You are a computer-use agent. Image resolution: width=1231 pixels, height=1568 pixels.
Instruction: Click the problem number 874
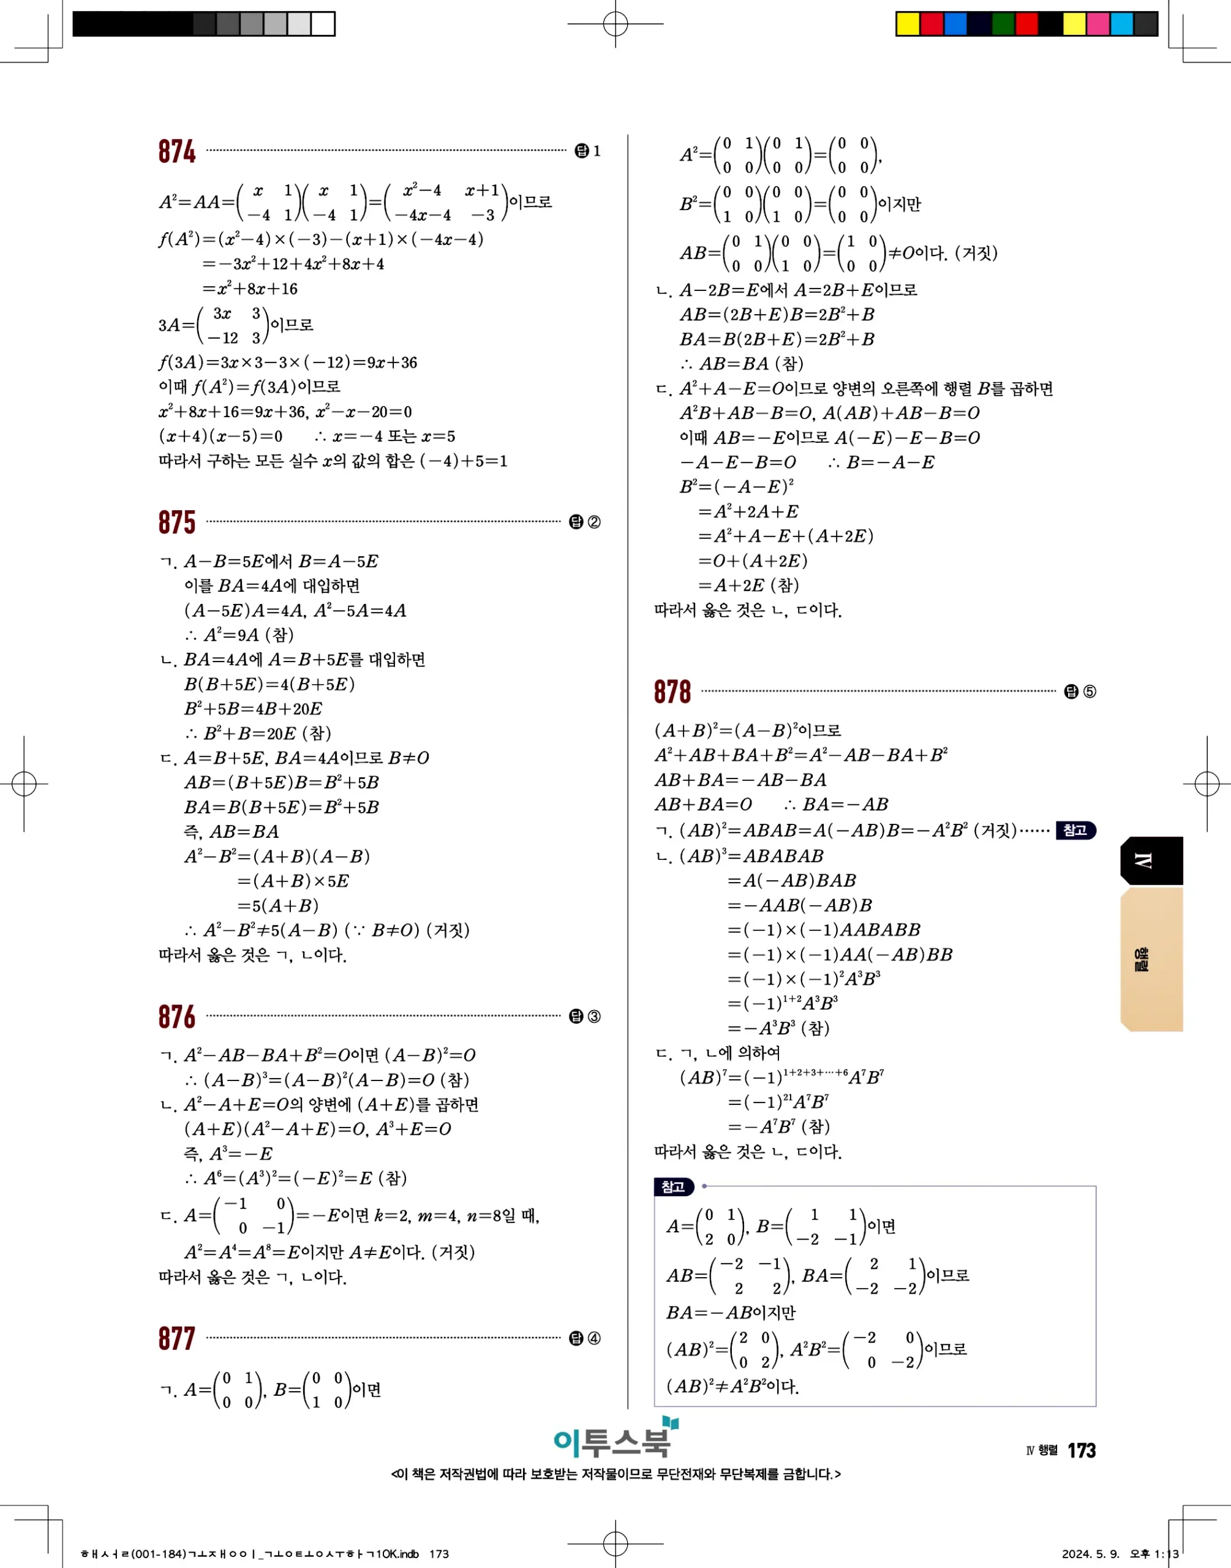pos(176,151)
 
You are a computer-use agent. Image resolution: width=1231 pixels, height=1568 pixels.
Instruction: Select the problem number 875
pos(176,522)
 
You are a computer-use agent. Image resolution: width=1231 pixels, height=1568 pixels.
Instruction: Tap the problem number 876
pos(176,1017)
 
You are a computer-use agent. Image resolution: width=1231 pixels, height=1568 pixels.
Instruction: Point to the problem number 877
pos(176,1339)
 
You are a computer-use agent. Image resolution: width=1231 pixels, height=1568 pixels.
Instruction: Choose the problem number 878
pos(672,692)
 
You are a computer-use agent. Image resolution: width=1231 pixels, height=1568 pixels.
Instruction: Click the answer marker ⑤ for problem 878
pos(1089,692)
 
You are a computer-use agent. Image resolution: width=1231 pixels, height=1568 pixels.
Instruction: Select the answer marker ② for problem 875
pos(594,522)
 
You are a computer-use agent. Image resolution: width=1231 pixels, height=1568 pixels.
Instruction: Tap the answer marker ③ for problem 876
pos(594,1017)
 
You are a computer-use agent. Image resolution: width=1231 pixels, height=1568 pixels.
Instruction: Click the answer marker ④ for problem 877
pos(594,1339)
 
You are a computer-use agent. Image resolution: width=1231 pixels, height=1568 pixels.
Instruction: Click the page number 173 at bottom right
pos(1081,1450)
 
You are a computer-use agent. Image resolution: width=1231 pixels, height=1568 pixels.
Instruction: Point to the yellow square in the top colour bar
pos(908,24)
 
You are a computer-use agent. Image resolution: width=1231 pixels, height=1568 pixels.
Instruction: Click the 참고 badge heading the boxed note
pos(673,1187)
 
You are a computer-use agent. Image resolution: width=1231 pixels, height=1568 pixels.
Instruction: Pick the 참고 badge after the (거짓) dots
pos(1075,830)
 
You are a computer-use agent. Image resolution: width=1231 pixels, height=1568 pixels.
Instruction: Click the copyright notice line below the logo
pos(615,1474)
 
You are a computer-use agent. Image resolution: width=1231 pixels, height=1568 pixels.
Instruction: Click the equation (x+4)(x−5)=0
pos(220,437)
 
